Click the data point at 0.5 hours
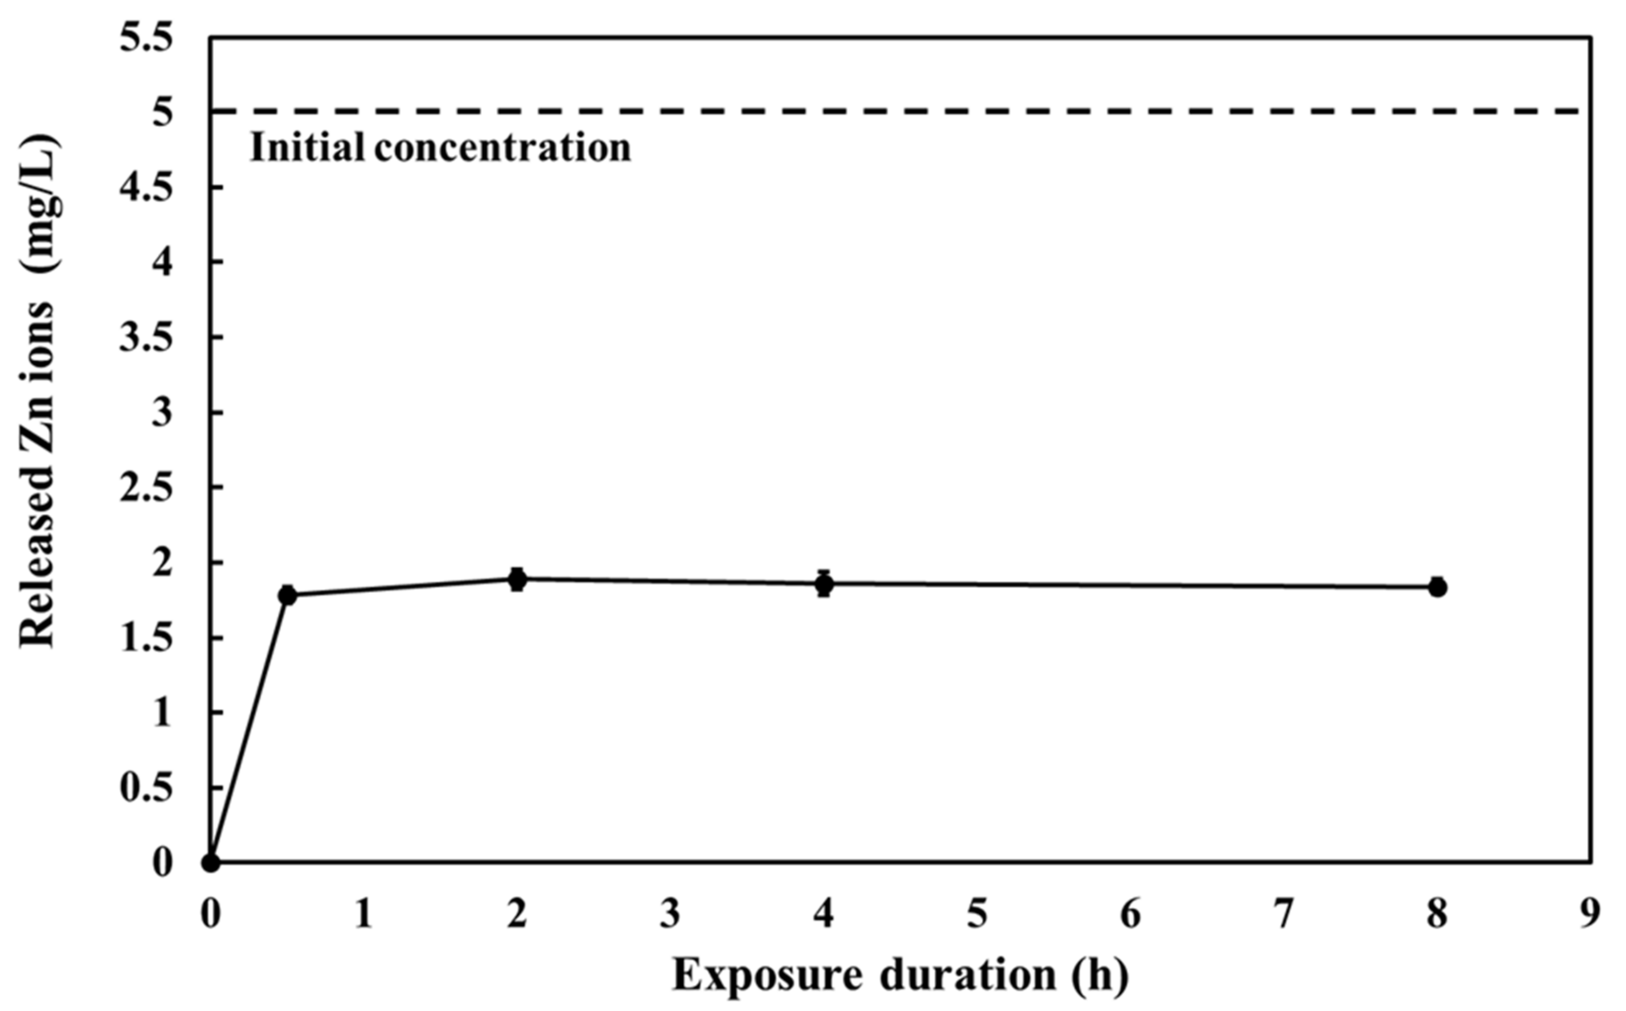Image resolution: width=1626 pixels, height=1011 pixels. pyautogui.click(x=287, y=595)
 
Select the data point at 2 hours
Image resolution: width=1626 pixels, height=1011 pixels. pyautogui.click(x=517, y=579)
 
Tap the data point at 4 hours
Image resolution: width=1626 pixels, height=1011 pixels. pyautogui.click(x=824, y=584)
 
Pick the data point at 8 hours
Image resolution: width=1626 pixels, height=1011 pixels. pyautogui.click(x=1438, y=588)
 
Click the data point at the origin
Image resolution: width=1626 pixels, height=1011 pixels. pyautogui.click(x=211, y=863)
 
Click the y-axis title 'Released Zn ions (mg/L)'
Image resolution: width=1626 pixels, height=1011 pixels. pyautogui.click(x=38, y=391)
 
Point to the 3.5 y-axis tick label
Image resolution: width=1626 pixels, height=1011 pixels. pyautogui.click(x=146, y=338)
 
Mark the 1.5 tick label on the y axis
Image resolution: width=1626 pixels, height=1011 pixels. pyautogui.click(x=146, y=639)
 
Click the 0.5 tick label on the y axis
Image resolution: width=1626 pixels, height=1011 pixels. pyautogui.click(x=146, y=789)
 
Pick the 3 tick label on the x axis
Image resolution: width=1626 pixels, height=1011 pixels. pyautogui.click(x=670, y=914)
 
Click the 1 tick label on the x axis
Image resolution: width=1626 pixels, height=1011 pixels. pyautogui.click(x=363, y=914)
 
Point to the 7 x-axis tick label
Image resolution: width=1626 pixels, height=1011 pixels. pyautogui.click(x=1284, y=914)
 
